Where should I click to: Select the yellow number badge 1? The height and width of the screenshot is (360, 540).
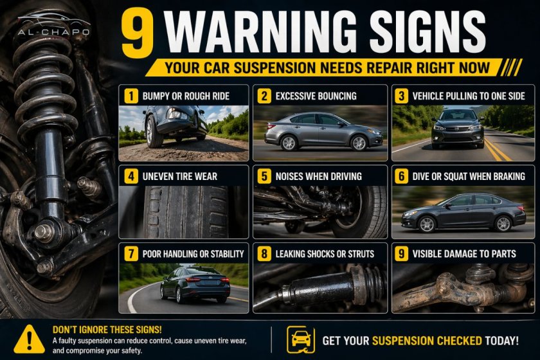coord(131,96)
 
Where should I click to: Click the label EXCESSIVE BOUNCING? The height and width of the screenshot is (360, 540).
coord(316,96)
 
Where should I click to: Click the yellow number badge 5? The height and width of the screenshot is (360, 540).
coord(264,176)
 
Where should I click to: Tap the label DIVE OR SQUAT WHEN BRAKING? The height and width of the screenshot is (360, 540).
coord(469,176)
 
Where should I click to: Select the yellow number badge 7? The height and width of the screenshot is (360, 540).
coord(131,254)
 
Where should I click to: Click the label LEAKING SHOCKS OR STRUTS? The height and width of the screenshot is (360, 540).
coord(325,254)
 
